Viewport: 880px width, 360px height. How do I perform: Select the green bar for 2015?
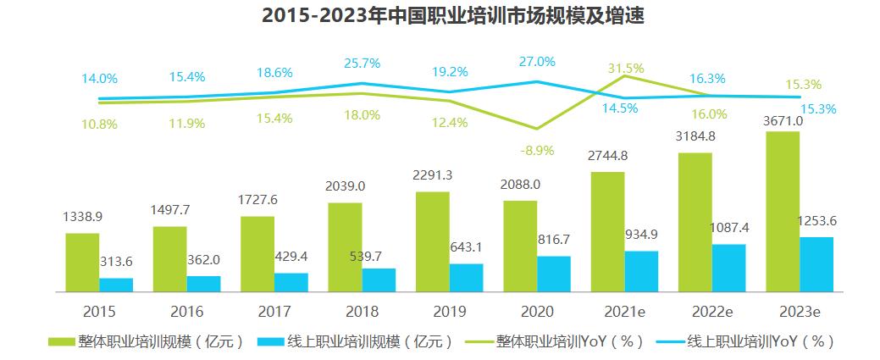click(82, 262)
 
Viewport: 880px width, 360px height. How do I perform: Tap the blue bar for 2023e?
click(816, 264)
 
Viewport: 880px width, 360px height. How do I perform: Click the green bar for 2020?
click(520, 246)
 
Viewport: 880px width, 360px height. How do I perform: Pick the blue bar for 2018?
click(379, 280)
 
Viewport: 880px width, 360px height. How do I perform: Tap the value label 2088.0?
click(519, 184)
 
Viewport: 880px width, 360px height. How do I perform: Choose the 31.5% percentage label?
click(625, 68)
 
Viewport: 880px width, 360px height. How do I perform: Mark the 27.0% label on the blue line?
click(537, 62)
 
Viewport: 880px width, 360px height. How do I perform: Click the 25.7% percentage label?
click(362, 63)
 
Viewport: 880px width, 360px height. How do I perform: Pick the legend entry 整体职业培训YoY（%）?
click(563, 341)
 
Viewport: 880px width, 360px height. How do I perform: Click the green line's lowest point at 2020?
click(537, 129)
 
